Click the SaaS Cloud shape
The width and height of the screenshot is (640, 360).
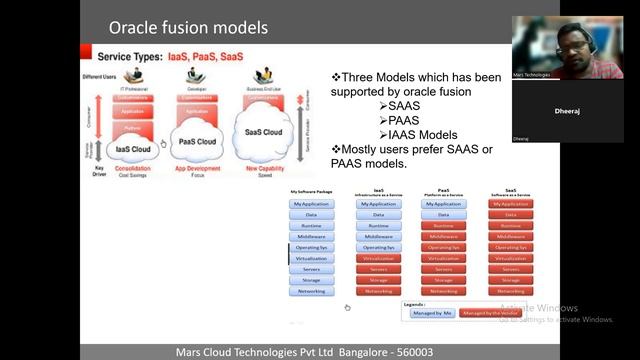pyautogui.click(x=263, y=133)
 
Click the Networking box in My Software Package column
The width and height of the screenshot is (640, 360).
pyautogui.click(x=310, y=291)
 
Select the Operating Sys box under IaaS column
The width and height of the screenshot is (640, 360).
pyautogui.click(x=378, y=247)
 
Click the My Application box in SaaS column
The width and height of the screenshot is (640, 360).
pyautogui.click(x=511, y=203)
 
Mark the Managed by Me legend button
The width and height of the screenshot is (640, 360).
pyautogui.click(x=430, y=313)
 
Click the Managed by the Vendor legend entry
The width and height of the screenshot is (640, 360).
pyautogui.click(x=490, y=313)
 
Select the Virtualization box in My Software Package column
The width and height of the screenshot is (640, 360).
pyautogui.click(x=310, y=258)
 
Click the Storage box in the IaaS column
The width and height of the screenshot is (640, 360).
pyautogui.click(x=378, y=280)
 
